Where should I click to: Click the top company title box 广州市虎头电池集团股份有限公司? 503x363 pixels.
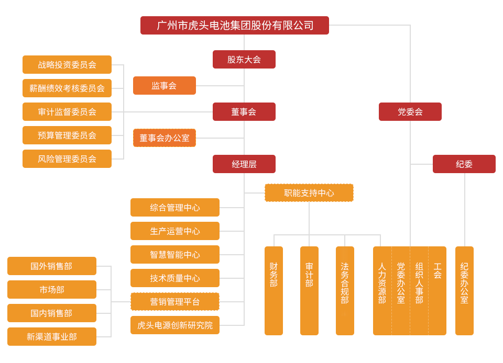[x=234, y=26]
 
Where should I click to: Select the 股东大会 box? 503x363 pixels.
[x=244, y=59]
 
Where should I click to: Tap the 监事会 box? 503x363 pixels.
[x=164, y=85]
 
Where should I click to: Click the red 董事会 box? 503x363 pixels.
[x=244, y=111]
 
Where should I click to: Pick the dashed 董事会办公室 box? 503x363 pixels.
[x=165, y=138]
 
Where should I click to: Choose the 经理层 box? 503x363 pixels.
[x=244, y=164]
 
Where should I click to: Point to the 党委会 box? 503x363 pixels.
[x=410, y=111]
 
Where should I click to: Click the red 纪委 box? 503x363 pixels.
[x=464, y=164]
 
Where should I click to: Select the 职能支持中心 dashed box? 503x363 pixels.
[x=309, y=192]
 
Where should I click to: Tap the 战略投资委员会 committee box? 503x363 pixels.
[x=67, y=64]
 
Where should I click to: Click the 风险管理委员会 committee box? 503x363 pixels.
[x=67, y=158]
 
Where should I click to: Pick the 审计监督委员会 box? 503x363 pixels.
[x=67, y=111]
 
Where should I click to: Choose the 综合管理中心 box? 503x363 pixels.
[x=174, y=207]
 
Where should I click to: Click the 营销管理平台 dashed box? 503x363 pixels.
[x=174, y=301]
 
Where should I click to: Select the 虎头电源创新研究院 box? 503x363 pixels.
[x=174, y=325]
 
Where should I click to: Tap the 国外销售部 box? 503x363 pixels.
[x=52, y=266]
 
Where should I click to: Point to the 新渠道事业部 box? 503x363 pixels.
[x=52, y=336]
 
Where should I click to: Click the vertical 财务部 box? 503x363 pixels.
[x=274, y=290]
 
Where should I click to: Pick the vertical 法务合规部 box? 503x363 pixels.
[x=345, y=290]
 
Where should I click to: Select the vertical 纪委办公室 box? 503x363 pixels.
[x=464, y=290]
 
